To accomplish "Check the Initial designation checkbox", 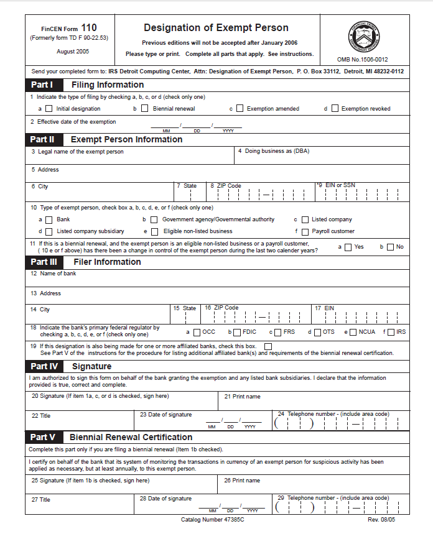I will (x=49, y=109).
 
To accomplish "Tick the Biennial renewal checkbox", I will (x=146, y=109).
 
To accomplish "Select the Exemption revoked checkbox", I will (x=335, y=109).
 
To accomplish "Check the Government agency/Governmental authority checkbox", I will (x=155, y=219).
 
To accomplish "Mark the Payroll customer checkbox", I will (x=305, y=231).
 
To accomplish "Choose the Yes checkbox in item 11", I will (x=348, y=247).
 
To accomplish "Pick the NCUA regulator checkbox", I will (x=353, y=332).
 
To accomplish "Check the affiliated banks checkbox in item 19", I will (x=268, y=346).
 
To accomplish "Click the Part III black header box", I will (x=44, y=262).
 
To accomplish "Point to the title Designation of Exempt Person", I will (x=216, y=28).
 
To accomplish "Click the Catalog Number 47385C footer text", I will (x=212, y=519).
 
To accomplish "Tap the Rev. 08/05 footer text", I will (x=382, y=519).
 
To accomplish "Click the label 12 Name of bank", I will (x=54, y=274).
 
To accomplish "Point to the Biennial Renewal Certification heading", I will (x=131, y=437).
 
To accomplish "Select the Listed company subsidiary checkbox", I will (x=49, y=231).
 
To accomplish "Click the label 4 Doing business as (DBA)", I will (x=274, y=151).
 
